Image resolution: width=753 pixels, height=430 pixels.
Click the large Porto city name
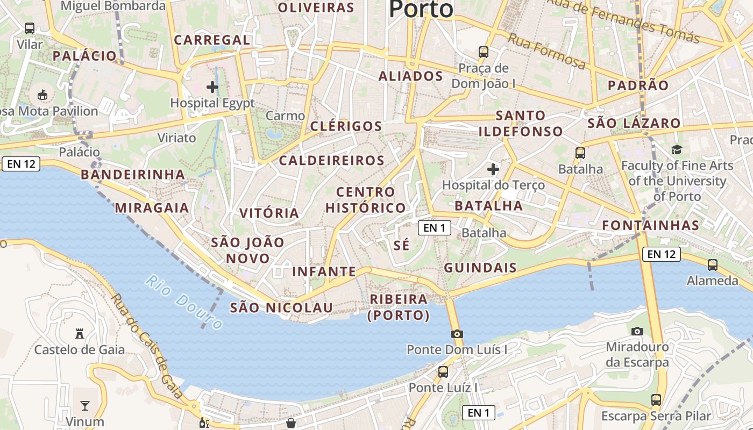point(421,9)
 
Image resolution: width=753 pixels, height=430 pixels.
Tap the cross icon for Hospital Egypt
point(212,87)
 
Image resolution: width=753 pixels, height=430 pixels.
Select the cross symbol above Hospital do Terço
point(493,170)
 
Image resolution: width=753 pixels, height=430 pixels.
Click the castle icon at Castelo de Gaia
point(80,334)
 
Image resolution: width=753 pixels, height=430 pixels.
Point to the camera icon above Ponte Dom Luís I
point(457,334)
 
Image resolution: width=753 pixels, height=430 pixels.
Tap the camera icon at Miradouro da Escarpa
point(637,331)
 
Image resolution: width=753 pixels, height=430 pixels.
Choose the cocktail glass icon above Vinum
point(85,405)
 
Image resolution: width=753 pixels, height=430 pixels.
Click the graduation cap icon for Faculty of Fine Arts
point(677,149)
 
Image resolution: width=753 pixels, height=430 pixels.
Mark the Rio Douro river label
point(183,302)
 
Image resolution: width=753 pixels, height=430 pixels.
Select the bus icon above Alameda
point(713,264)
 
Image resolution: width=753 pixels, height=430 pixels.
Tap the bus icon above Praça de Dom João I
point(484,52)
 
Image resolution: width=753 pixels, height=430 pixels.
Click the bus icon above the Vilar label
point(30,28)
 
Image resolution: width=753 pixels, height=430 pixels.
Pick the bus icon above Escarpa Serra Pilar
point(656,400)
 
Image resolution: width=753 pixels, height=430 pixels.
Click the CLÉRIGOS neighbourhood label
point(346,126)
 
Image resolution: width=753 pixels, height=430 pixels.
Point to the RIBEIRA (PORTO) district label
point(399,307)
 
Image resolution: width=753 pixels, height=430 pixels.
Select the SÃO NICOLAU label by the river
point(281,307)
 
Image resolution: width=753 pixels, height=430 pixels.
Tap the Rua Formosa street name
point(546,51)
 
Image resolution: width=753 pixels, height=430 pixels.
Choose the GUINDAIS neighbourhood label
point(480,268)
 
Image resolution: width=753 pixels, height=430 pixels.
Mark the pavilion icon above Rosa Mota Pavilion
point(42,95)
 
